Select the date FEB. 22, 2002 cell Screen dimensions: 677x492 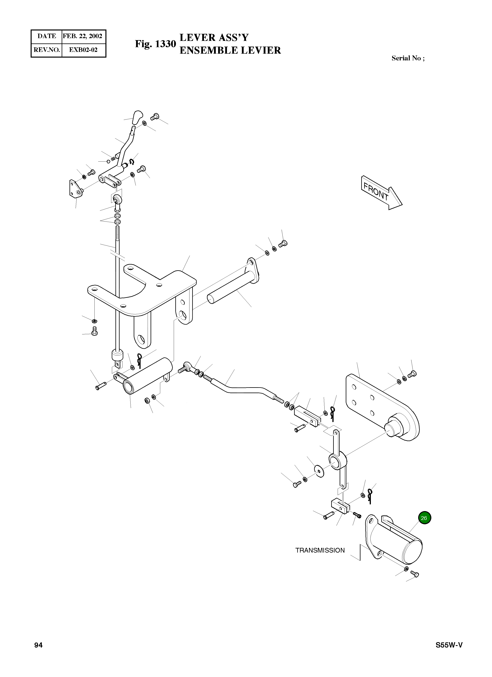(83, 36)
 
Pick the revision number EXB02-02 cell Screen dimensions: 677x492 (83, 50)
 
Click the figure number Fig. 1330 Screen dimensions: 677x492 (155, 44)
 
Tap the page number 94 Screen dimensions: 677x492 (38, 645)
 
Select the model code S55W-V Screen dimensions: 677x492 (449, 645)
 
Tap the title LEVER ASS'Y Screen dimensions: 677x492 (214, 38)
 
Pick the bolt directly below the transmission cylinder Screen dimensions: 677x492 (414, 573)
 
